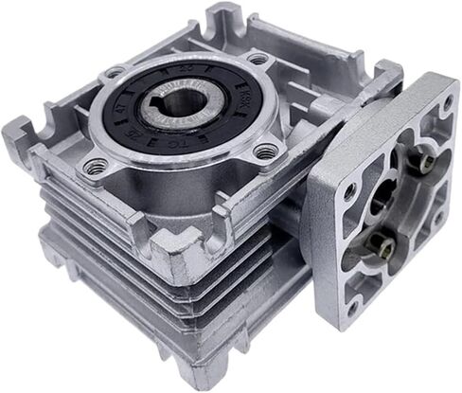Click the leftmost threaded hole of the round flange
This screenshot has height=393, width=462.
114,72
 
